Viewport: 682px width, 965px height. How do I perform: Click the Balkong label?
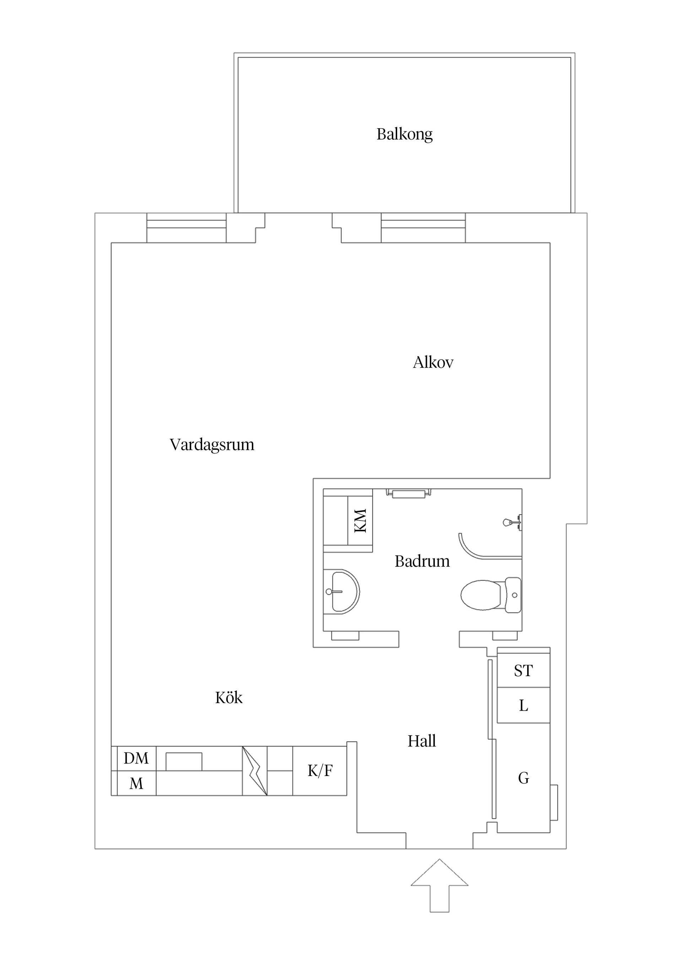click(404, 134)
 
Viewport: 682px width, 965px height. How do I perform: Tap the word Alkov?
click(433, 362)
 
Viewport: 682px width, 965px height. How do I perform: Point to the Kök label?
click(229, 698)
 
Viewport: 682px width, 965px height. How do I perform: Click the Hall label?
click(422, 741)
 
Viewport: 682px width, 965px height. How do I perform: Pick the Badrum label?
click(422, 561)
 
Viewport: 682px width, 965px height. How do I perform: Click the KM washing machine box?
click(361, 521)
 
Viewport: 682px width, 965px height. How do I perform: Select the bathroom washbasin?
click(342, 591)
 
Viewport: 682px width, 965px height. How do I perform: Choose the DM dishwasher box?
click(136, 758)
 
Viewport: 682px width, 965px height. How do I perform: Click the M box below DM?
click(136, 783)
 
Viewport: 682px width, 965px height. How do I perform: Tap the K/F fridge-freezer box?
click(320, 771)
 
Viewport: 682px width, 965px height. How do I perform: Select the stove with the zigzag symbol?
click(255, 771)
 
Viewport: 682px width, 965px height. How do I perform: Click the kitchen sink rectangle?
click(184, 761)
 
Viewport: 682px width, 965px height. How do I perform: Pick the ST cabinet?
click(523, 671)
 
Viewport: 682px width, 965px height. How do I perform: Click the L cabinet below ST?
click(523, 705)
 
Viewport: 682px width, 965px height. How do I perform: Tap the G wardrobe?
click(523, 778)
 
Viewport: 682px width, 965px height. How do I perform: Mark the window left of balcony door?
click(186, 228)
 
